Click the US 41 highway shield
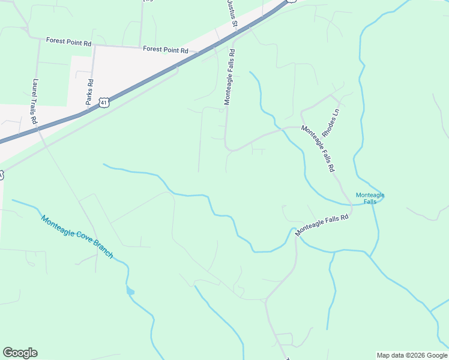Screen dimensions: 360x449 pyautogui.click(x=104, y=103)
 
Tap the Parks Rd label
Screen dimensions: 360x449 pyautogui.click(x=89, y=92)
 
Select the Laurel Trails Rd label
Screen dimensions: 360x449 pyautogui.click(x=35, y=102)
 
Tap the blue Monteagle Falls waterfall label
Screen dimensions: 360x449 pyautogui.click(x=370, y=198)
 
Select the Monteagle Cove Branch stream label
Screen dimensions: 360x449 pyautogui.click(x=77, y=236)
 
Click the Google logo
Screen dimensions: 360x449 pyautogui.click(x=20, y=353)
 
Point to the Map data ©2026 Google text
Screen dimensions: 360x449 pyautogui.click(x=412, y=355)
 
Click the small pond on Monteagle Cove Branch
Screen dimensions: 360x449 pyautogui.click(x=130, y=292)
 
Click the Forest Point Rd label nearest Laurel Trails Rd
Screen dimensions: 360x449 pyautogui.click(x=68, y=43)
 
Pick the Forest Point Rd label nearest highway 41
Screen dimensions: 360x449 pyautogui.click(x=166, y=50)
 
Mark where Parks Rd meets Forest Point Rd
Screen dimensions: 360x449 pyautogui.click(x=95, y=45)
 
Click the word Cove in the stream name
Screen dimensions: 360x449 pyautogui.click(x=86, y=242)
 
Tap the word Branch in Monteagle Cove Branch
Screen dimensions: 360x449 pyautogui.click(x=103, y=251)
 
